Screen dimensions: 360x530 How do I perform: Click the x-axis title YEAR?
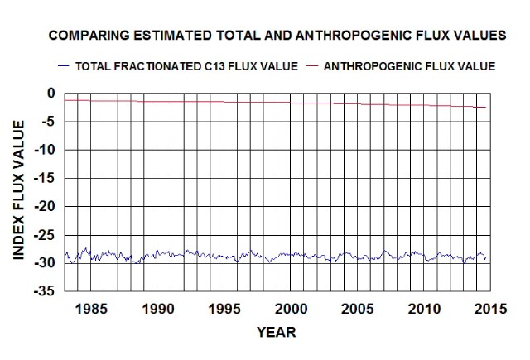click(275, 332)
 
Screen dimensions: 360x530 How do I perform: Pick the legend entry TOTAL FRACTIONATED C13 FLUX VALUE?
click(186, 65)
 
